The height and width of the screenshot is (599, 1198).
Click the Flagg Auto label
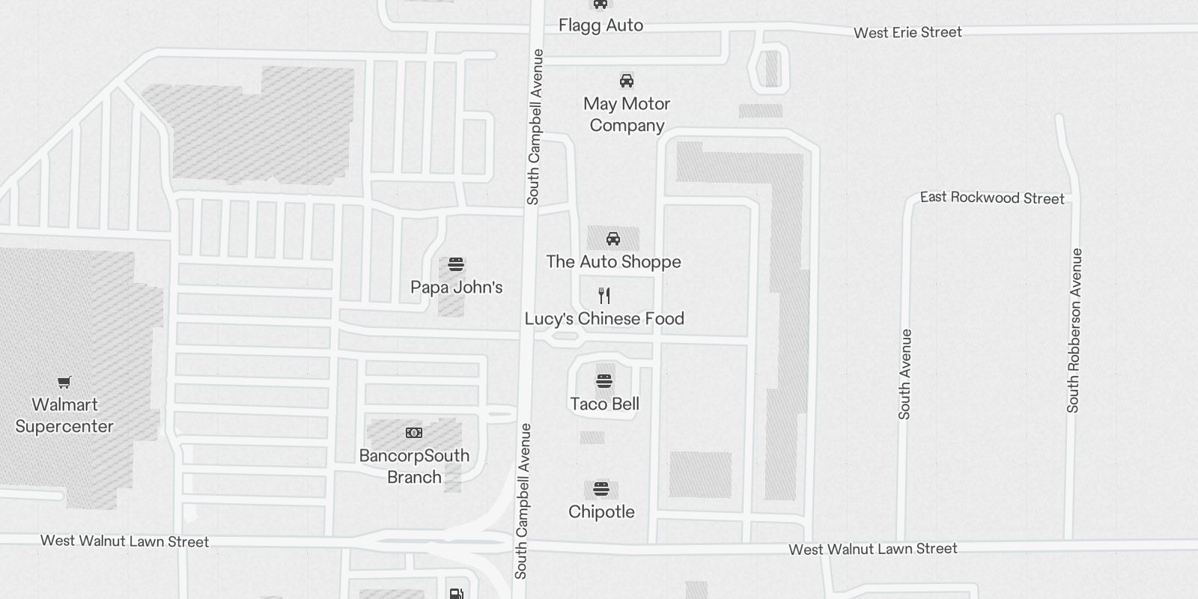(x=600, y=25)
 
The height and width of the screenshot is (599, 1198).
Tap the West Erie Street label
(x=907, y=32)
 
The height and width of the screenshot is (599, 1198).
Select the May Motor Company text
(x=627, y=115)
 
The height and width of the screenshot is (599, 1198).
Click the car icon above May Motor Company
(x=627, y=81)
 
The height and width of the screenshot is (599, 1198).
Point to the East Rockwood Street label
(x=991, y=198)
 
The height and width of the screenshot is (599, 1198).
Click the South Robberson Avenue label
(x=1074, y=330)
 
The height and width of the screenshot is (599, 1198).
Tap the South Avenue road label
(x=904, y=374)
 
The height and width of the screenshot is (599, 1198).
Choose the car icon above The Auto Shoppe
(x=613, y=239)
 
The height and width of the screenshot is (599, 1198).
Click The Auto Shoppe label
(x=613, y=261)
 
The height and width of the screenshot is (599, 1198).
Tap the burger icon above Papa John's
(x=456, y=264)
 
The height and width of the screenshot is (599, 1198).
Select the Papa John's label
(x=456, y=287)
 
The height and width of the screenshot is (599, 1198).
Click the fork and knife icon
(x=604, y=296)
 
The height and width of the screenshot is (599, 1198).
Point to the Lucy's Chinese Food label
(x=604, y=318)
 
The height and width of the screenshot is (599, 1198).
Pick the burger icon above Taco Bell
(x=604, y=381)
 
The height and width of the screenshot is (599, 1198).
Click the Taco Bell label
(x=604, y=404)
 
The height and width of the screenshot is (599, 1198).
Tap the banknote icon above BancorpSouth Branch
(x=414, y=433)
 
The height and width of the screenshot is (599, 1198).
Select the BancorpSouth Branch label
(x=414, y=466)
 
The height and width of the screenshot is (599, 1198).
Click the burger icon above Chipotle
(x=601, y=490)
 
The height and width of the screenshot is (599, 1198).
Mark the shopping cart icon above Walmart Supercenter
(x=64, y=383)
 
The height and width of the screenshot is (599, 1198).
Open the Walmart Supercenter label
(x=64, y=415)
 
